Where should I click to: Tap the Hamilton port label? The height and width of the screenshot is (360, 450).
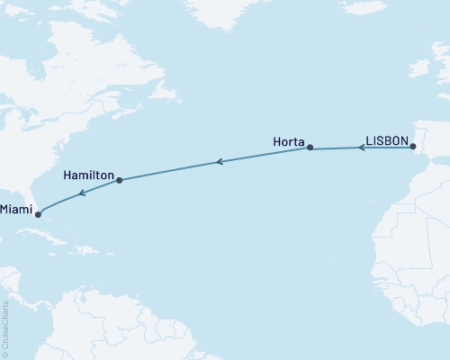[x=88, y=174]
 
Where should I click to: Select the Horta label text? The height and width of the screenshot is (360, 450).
[x=288, y=141]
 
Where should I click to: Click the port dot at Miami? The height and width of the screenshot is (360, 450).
[x=38, y=214]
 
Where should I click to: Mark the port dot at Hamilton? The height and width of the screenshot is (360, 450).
[x=119, y=181]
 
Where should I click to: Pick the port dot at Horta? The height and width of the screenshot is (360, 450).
[x=310, y=148]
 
